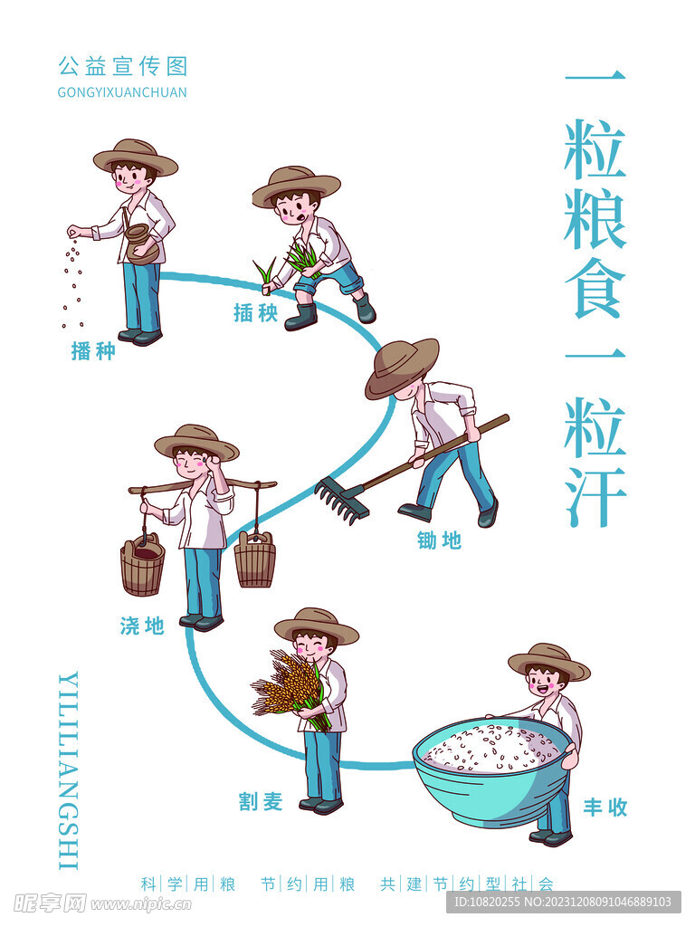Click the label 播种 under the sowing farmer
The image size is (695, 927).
[93, 351]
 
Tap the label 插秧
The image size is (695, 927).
[255, 313]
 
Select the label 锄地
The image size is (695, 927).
[439, 540]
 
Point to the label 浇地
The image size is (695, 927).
[142, 625]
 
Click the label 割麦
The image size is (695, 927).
[261, 801]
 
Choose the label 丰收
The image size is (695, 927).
[605, 808]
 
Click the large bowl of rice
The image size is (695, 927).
[494, 769]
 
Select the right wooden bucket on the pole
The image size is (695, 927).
[255, 559]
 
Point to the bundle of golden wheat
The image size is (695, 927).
[285, 683]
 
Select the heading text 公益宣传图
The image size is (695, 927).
[122, 66]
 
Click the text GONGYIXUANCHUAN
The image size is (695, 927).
[122, 92]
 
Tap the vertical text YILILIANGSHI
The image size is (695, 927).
[68, 769]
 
